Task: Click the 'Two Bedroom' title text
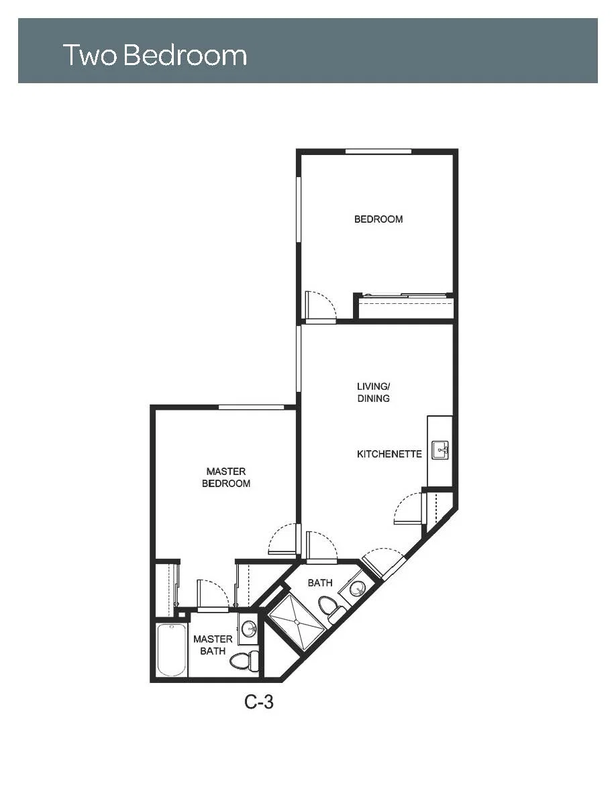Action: (x=154, y=55)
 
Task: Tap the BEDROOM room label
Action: (x=378, y=219)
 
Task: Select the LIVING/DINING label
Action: (x=374, y=392)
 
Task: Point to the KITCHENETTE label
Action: (x=389, y=454)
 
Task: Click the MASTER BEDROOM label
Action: (x=226, y=477)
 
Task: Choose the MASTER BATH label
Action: (x=213, y=645)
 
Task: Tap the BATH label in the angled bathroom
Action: (x=320, y=582)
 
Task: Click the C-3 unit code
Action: (x=259, y=702)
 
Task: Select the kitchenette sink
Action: (x=440, y=450)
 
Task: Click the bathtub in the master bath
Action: (x=171, y=649)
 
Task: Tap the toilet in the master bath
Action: (x=244, y=661)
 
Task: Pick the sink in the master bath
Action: (x=249, y=628)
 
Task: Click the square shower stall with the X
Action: (x=297, y=622)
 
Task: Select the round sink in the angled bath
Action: (x=357, y=588)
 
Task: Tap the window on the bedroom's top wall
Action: (x=378, y=152)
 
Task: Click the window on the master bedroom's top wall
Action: (x=251, y=407)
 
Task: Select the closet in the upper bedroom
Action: (x=404, y=307)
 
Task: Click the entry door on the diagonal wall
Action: (x=384, y=560)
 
